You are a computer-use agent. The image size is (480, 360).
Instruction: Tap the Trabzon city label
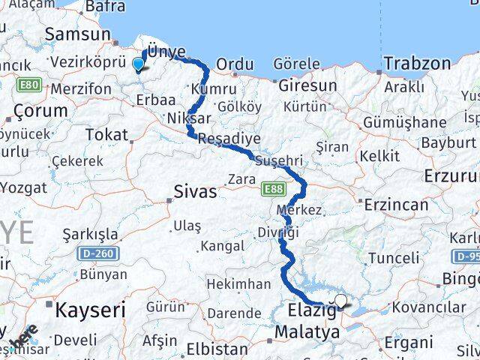416,63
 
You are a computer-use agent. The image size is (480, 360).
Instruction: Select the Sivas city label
195,191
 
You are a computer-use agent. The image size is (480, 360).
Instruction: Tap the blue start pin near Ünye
138,64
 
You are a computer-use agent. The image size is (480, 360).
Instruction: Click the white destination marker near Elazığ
341,301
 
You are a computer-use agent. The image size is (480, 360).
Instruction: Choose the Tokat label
106,134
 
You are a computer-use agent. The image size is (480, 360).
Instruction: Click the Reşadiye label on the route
229,139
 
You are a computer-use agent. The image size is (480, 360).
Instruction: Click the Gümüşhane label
404,122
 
